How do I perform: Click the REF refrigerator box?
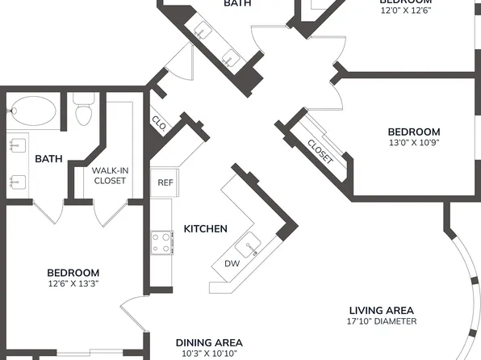[x=165, y=183]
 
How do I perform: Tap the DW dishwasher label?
[x=231, y=264]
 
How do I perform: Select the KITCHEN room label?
[x=205, y=229]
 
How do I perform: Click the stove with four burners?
[x=161, y=242]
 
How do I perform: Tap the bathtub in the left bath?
[x=31, y=111]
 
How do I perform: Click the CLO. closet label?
[x=158, y=123]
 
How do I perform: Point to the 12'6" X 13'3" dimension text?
[x=73, y=284]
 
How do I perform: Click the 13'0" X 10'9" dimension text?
[x=414, y=144]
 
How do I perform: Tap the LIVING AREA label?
[x=381, y=311]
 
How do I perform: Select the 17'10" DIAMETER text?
[x=381, y=322]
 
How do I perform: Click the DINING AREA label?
[x=209, y=343]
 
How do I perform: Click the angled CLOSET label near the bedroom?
[x=320, y=152]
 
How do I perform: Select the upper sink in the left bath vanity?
[x=16, y=147]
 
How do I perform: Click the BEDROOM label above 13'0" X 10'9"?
[x=414, y=132]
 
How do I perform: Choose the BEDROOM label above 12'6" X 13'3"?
[x=73, y=273]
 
